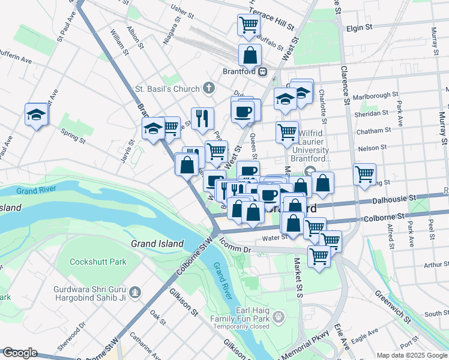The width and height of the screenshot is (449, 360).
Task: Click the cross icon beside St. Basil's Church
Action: coord(208,89)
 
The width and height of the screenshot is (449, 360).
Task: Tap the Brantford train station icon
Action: coord(263,72)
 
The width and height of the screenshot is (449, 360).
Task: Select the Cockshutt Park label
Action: coord(98,262)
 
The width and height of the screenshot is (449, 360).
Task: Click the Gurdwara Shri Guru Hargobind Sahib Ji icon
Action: coord(136,292)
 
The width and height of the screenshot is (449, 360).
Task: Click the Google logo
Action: coord(20,353)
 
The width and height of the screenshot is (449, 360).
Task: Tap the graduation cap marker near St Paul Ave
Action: coord(36,114)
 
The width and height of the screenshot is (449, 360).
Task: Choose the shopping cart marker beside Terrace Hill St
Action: coord(248,25)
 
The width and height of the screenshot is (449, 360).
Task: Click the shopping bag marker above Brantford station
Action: coord(249,55)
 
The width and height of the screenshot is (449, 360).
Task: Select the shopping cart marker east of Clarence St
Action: coord(364,174)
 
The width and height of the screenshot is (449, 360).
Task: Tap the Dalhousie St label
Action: coord(394,197)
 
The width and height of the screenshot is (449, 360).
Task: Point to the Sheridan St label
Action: coord(369,113)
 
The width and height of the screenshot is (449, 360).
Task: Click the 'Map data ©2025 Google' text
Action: coord(411,355)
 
